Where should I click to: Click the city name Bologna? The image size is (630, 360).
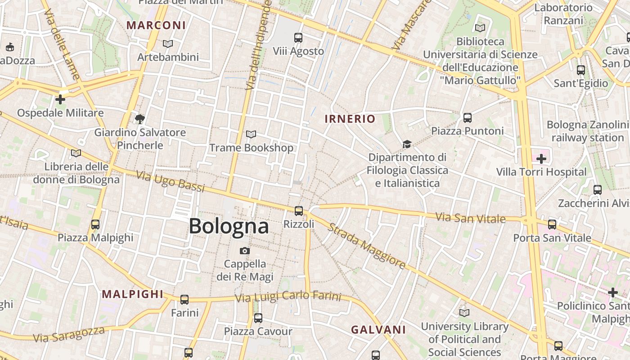pos(229,226)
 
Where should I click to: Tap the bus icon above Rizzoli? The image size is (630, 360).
pos(298,211)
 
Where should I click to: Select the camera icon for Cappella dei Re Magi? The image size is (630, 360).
pos(245,251)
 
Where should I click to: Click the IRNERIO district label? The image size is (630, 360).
pos(350,119)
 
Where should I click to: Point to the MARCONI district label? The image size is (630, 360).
pos(156,25)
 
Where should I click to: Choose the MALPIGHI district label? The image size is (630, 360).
pos(132,294)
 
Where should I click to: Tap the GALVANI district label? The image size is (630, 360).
pos(378,330)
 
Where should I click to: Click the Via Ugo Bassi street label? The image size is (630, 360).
pos(170,182)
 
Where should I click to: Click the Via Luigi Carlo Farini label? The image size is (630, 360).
pos(288,297)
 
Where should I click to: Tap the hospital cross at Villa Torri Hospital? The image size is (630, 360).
pos(541,159)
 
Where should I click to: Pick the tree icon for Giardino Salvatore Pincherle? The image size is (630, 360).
pos(140,119)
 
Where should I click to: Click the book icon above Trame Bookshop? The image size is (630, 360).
pos(251,135)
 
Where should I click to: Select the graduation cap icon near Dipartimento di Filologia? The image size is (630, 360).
pos(407,144)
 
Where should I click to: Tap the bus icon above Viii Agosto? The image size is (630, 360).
pos(298,38)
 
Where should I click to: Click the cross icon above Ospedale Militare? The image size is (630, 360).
pos(60,99)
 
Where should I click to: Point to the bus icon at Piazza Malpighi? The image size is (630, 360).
pos(95,224)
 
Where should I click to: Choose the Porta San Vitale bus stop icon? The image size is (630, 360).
pos(552,224)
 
